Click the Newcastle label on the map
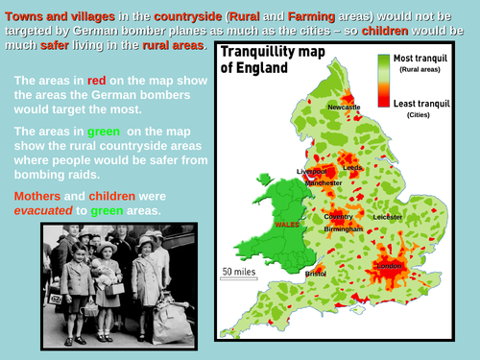(x=344, y=108)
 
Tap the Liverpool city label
(x=313, y=172)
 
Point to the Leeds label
(x=351, y=167)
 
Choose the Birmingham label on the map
(x=343, y=229)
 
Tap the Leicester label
(x=388, y=217)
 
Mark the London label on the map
(x=391, y=265)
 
